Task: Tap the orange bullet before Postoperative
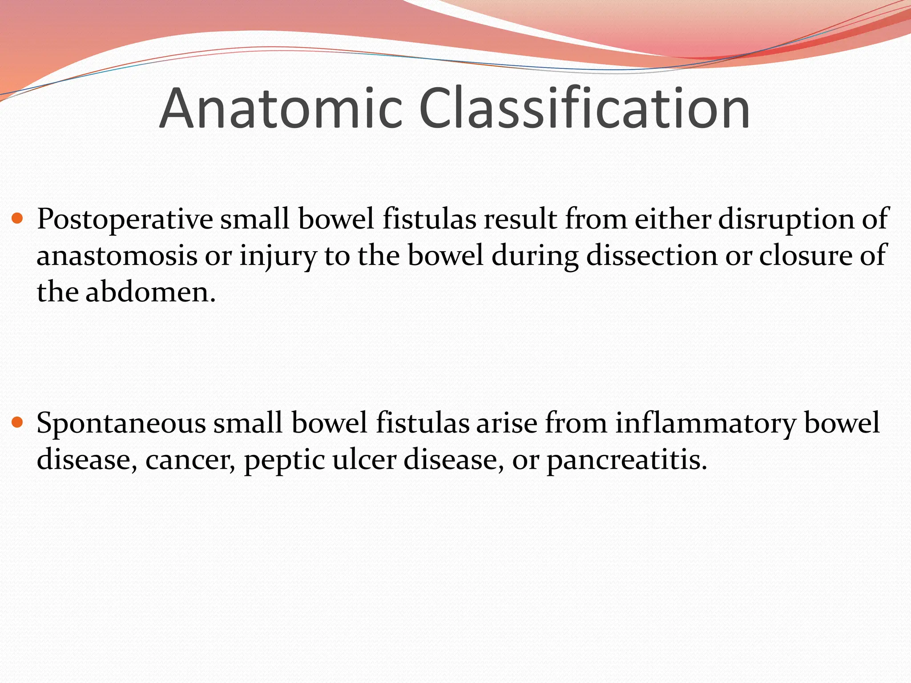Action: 17,218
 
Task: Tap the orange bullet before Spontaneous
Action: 17,422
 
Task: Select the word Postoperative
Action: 125,219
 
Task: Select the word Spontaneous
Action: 121,423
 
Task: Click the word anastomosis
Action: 117,256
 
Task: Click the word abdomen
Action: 150,293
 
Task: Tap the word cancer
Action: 190,460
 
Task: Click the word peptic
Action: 285,460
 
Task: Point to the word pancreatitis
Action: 627,460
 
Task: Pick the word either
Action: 673,219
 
